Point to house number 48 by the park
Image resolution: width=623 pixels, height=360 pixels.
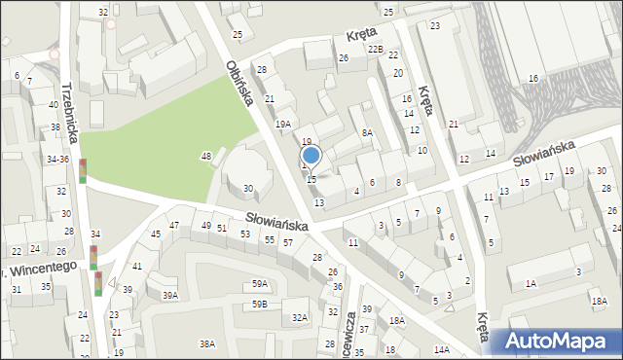(206, 157)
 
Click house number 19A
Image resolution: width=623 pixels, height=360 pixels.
(282, 125)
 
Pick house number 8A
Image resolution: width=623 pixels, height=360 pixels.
(367, 132)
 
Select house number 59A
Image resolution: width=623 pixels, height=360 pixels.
(259, 284)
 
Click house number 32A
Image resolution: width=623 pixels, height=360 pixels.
(300, 317)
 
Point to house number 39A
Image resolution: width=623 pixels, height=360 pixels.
(170, 295)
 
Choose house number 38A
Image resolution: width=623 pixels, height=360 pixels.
(207, 343)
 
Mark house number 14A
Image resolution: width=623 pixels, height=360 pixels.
(442, 349)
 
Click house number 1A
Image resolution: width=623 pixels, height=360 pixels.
(531, 283)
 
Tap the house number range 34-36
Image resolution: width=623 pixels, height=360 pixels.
(57, 159)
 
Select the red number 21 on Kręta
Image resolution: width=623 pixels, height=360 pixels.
(454, 124)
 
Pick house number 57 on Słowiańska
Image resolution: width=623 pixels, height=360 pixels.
(287, 242)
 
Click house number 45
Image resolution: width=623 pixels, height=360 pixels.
(156, 234)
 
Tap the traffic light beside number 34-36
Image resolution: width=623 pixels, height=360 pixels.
(83, 170)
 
